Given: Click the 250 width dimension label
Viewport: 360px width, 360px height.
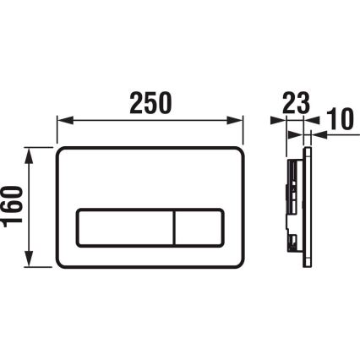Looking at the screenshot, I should (x=150, y=101).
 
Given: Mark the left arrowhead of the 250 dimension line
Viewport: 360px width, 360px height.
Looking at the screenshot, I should (x=60, y=121).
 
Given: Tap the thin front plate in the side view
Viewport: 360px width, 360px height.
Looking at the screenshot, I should (x=309, y=208).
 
